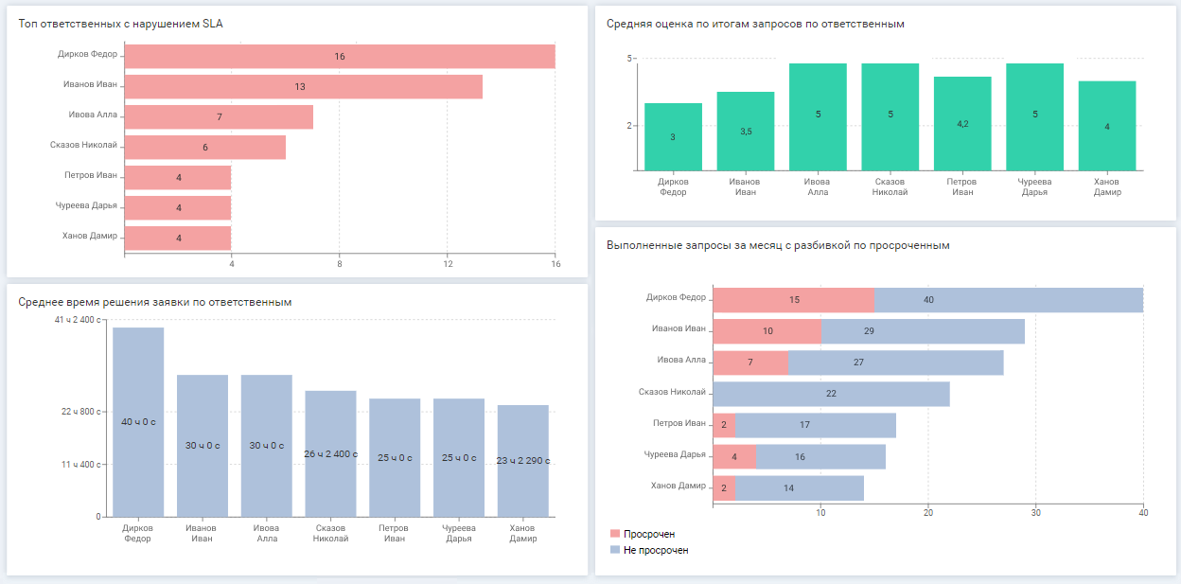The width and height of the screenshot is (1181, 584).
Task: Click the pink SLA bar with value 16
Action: [340, 57]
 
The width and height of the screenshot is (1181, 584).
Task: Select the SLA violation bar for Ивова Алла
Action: [219, 117]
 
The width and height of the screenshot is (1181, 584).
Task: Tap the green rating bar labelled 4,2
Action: [962, 124]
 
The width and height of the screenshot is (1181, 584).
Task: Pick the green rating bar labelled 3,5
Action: [746, 132]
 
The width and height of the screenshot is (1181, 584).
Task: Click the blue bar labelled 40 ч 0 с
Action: [138, 421]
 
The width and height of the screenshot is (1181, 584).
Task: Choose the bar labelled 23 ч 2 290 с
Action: [522, 461]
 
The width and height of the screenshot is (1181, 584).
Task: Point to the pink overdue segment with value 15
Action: [794, 300]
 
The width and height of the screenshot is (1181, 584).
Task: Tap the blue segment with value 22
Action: [831, 394]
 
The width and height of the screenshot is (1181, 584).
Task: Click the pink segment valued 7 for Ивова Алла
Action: [750, 363]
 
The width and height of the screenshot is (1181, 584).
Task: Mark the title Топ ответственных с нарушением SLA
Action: [121, 23]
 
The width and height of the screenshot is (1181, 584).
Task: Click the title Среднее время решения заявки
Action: [155, 302]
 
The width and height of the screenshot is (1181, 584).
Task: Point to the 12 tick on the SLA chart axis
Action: [448, 263]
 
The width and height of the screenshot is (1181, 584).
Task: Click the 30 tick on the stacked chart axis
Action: [1036, 513]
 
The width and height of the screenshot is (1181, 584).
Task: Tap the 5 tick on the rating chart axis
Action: [628, 59]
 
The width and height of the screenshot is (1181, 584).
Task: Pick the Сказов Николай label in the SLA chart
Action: [83, 145]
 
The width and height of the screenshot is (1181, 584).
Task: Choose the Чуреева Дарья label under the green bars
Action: [1034, 186]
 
